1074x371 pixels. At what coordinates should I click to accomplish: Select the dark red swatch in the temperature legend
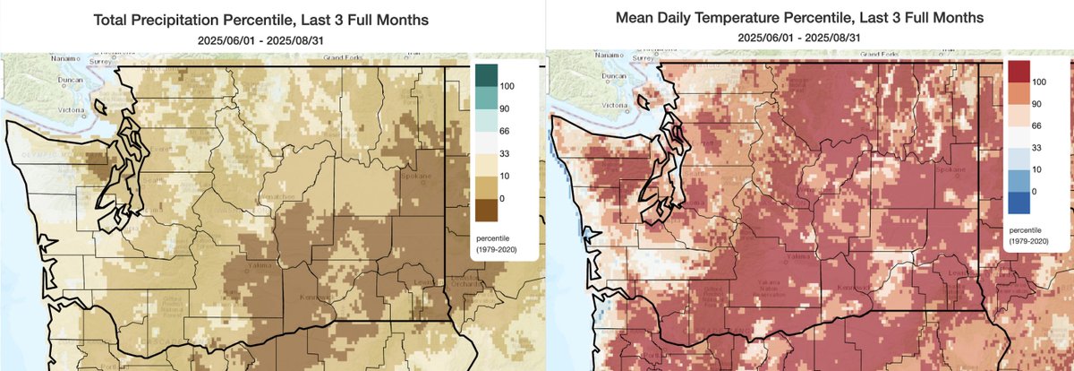[1019, 71]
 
